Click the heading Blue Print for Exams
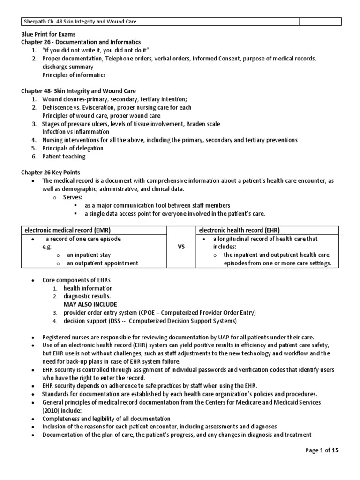coord(48,35)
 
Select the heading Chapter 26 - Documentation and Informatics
coord(81,42)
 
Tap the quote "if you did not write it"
coord(75,50)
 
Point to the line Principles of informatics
coord(74,75)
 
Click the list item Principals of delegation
coord(73,148)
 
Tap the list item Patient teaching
coord(64,157)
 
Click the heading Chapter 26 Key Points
coord(52,172)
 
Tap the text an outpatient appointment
coord(102,263)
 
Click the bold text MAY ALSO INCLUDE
coord(90,304)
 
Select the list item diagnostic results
coord(87,296)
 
